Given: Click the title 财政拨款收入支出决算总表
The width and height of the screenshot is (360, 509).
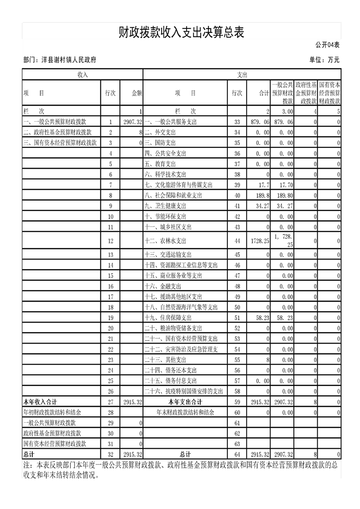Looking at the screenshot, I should click(181, 32).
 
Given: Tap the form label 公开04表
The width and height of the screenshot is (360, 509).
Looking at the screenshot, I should click(327, 44).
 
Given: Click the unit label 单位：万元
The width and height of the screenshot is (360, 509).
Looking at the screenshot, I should click(324, 59).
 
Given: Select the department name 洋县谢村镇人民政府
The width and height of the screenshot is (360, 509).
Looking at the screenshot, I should click(69, 59).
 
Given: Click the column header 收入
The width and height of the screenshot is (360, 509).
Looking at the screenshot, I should click(82, 74).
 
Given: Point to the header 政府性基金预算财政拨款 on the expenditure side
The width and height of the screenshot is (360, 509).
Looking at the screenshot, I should click(306, 93).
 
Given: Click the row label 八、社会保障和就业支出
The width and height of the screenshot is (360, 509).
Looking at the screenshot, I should click(173, 195).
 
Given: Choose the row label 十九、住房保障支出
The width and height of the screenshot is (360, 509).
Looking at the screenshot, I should click(168, 318).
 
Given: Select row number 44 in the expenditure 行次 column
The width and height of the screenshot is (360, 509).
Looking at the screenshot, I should click(237, 241).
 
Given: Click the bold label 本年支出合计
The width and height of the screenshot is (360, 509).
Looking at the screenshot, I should click(185, 401).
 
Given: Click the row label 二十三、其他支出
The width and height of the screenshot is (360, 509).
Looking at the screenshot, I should click(168, 359).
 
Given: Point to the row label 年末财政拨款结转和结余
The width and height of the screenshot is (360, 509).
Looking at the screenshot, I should click(185, 412).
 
